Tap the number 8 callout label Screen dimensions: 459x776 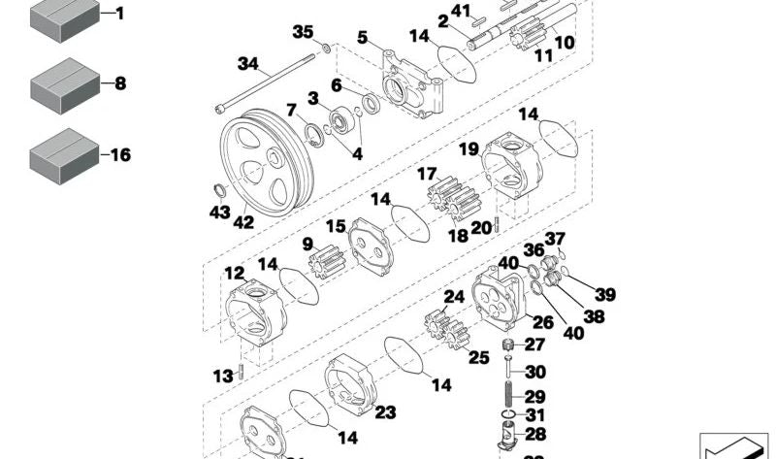pyautogui.click(x=120, y=84)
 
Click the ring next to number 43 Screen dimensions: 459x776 pyautogui.click(x=220, y=188)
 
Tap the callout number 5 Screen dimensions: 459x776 pyautogui.click(x=361, y=38)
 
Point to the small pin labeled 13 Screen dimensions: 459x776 pyautogui.click(x=240, y=374)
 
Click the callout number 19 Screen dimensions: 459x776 pyautogui.click(x=469, y=149)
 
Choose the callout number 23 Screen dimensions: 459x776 pyautogui.click(x=385, y=412)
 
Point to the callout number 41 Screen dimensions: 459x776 pyautogui.click(x=462, y=12)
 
